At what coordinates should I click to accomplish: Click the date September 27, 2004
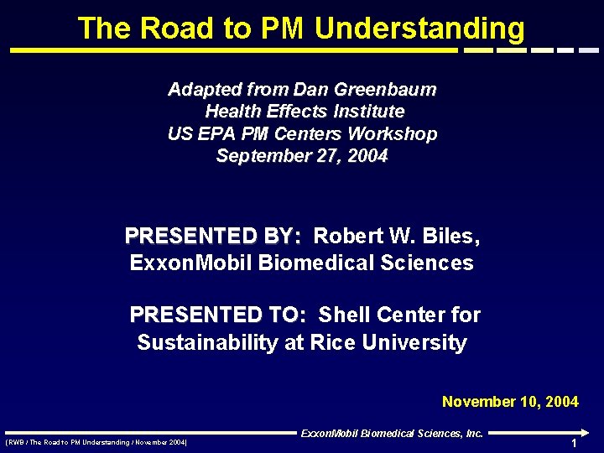302,155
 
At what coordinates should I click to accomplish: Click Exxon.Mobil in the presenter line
192,263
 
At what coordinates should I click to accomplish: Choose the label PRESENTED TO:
219,315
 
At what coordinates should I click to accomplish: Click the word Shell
346,315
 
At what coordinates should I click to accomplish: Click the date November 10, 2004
510,402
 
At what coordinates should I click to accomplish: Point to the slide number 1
574,443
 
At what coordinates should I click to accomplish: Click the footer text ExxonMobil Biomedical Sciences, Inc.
392,434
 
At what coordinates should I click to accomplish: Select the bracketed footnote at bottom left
96,442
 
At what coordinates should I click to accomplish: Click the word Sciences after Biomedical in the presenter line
429,263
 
